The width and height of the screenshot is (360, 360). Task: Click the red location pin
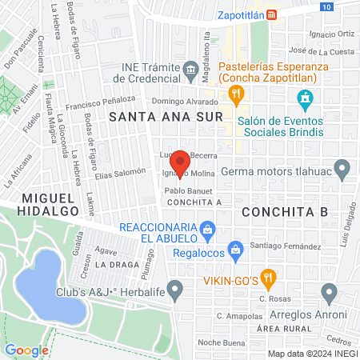click(x=180, y=162)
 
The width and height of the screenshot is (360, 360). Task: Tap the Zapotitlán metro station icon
click(x=272, y=14)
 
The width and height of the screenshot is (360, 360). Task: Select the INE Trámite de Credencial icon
click(x=191, y=71)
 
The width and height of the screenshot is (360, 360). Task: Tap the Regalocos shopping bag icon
click(x=235, y=250)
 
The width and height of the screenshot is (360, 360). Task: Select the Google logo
click(x=27, y=350)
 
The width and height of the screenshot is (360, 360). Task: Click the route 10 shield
click(x=327, y=6)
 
